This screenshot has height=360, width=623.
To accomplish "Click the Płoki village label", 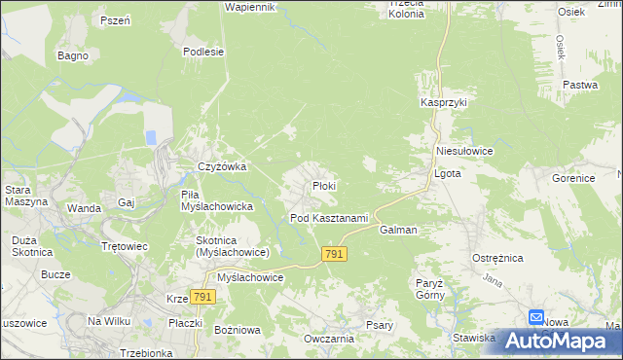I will pos(324,186).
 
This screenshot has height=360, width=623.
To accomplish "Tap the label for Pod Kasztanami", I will pos(329,218).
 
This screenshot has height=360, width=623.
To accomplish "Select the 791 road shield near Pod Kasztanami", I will pos(334,253).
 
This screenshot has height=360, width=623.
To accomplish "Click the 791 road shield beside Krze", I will pos(202,297).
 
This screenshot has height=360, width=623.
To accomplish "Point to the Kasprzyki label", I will pos(445,102).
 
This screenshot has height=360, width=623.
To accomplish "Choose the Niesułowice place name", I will pos(465,152).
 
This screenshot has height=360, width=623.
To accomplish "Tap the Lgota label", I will pos(446,174).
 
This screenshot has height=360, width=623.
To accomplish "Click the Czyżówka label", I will pos(222,166).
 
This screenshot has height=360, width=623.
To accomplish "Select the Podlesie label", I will pos(204,53).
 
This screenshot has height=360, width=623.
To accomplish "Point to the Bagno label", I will pos(73,55).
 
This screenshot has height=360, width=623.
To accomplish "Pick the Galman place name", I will pos(399,231).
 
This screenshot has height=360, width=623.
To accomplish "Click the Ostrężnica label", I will pos(498,257).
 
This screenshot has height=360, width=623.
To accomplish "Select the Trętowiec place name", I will pos(125,246).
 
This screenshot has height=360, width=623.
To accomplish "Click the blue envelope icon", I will pos(536,317).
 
